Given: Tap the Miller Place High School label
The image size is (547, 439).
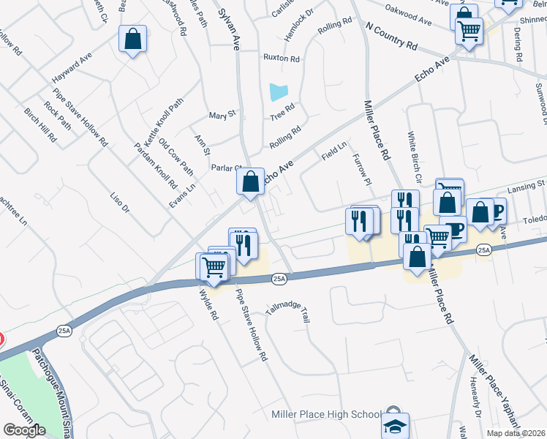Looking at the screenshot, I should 325,414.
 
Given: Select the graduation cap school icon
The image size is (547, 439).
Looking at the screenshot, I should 394,423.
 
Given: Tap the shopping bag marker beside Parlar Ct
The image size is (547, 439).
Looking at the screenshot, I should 250,181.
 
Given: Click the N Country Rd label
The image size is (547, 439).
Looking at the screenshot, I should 391,35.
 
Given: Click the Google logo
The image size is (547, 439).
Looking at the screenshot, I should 23,430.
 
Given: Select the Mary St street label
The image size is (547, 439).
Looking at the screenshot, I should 222,115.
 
